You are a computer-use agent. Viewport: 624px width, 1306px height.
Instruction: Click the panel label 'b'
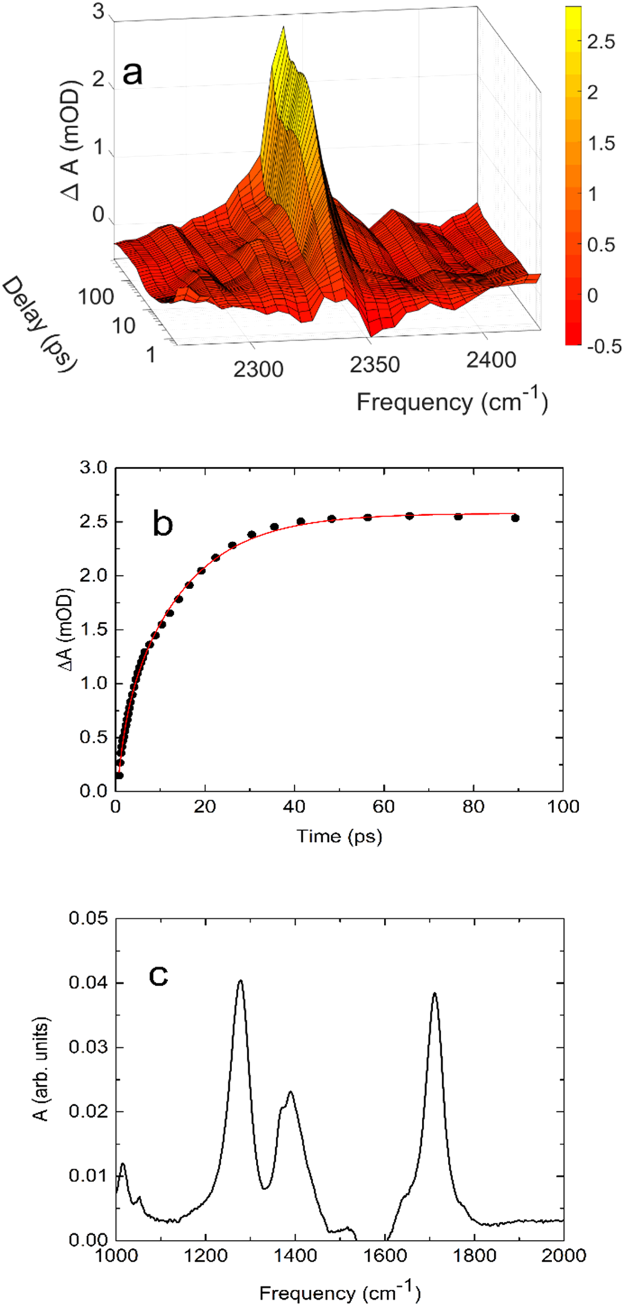point(162,524)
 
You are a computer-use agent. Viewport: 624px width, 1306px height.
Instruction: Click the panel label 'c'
point(158,975)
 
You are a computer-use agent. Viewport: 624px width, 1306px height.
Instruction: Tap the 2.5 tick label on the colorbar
point(601,43)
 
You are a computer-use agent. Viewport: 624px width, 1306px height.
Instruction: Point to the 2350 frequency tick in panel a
point(374,364)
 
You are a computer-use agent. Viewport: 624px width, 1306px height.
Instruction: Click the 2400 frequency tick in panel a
point(491,360)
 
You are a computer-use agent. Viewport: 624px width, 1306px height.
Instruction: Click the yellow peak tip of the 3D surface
point(284,28)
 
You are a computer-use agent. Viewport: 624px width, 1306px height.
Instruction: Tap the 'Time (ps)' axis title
point(339,836)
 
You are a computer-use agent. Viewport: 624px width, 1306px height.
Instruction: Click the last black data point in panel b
point(515,518)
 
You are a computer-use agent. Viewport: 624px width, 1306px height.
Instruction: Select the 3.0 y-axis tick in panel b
point(94,468)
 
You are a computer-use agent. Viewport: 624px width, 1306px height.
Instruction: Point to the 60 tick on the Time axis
point(384,806)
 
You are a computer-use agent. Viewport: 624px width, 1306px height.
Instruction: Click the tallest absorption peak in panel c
point(240,982)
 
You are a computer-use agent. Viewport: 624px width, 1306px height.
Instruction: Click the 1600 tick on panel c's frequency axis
point(384,1255)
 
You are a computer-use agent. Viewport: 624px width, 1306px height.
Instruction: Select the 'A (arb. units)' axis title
point(41,1070)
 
